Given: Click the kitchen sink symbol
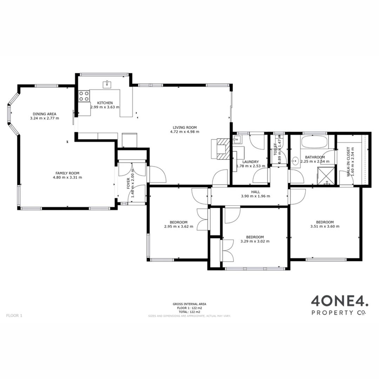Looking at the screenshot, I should click(105, 84).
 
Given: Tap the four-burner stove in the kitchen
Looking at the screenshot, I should click(84, 96).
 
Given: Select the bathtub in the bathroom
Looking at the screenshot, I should click(314, 142).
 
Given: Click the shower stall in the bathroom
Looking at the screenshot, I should click(326, 176).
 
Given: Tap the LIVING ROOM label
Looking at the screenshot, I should click(184, 127).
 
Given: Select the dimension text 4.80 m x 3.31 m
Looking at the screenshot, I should click(67, 178).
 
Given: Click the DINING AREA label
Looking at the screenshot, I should click(45, 114).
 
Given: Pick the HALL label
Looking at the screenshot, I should click(255, 192).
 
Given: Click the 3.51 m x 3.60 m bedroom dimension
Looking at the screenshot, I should click(325, 227).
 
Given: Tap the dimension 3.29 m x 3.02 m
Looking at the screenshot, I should click(255, 241).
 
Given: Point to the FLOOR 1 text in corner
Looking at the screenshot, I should click(14, 315).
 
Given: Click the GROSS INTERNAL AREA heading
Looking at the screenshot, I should click(189, 304).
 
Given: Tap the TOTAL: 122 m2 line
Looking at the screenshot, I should click(189, 312).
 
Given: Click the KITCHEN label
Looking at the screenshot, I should click(105, 103).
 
